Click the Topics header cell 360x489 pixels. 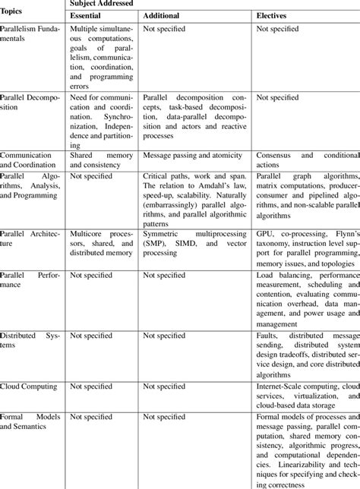coord(14,11)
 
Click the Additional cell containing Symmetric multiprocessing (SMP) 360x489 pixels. coord(196,241)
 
